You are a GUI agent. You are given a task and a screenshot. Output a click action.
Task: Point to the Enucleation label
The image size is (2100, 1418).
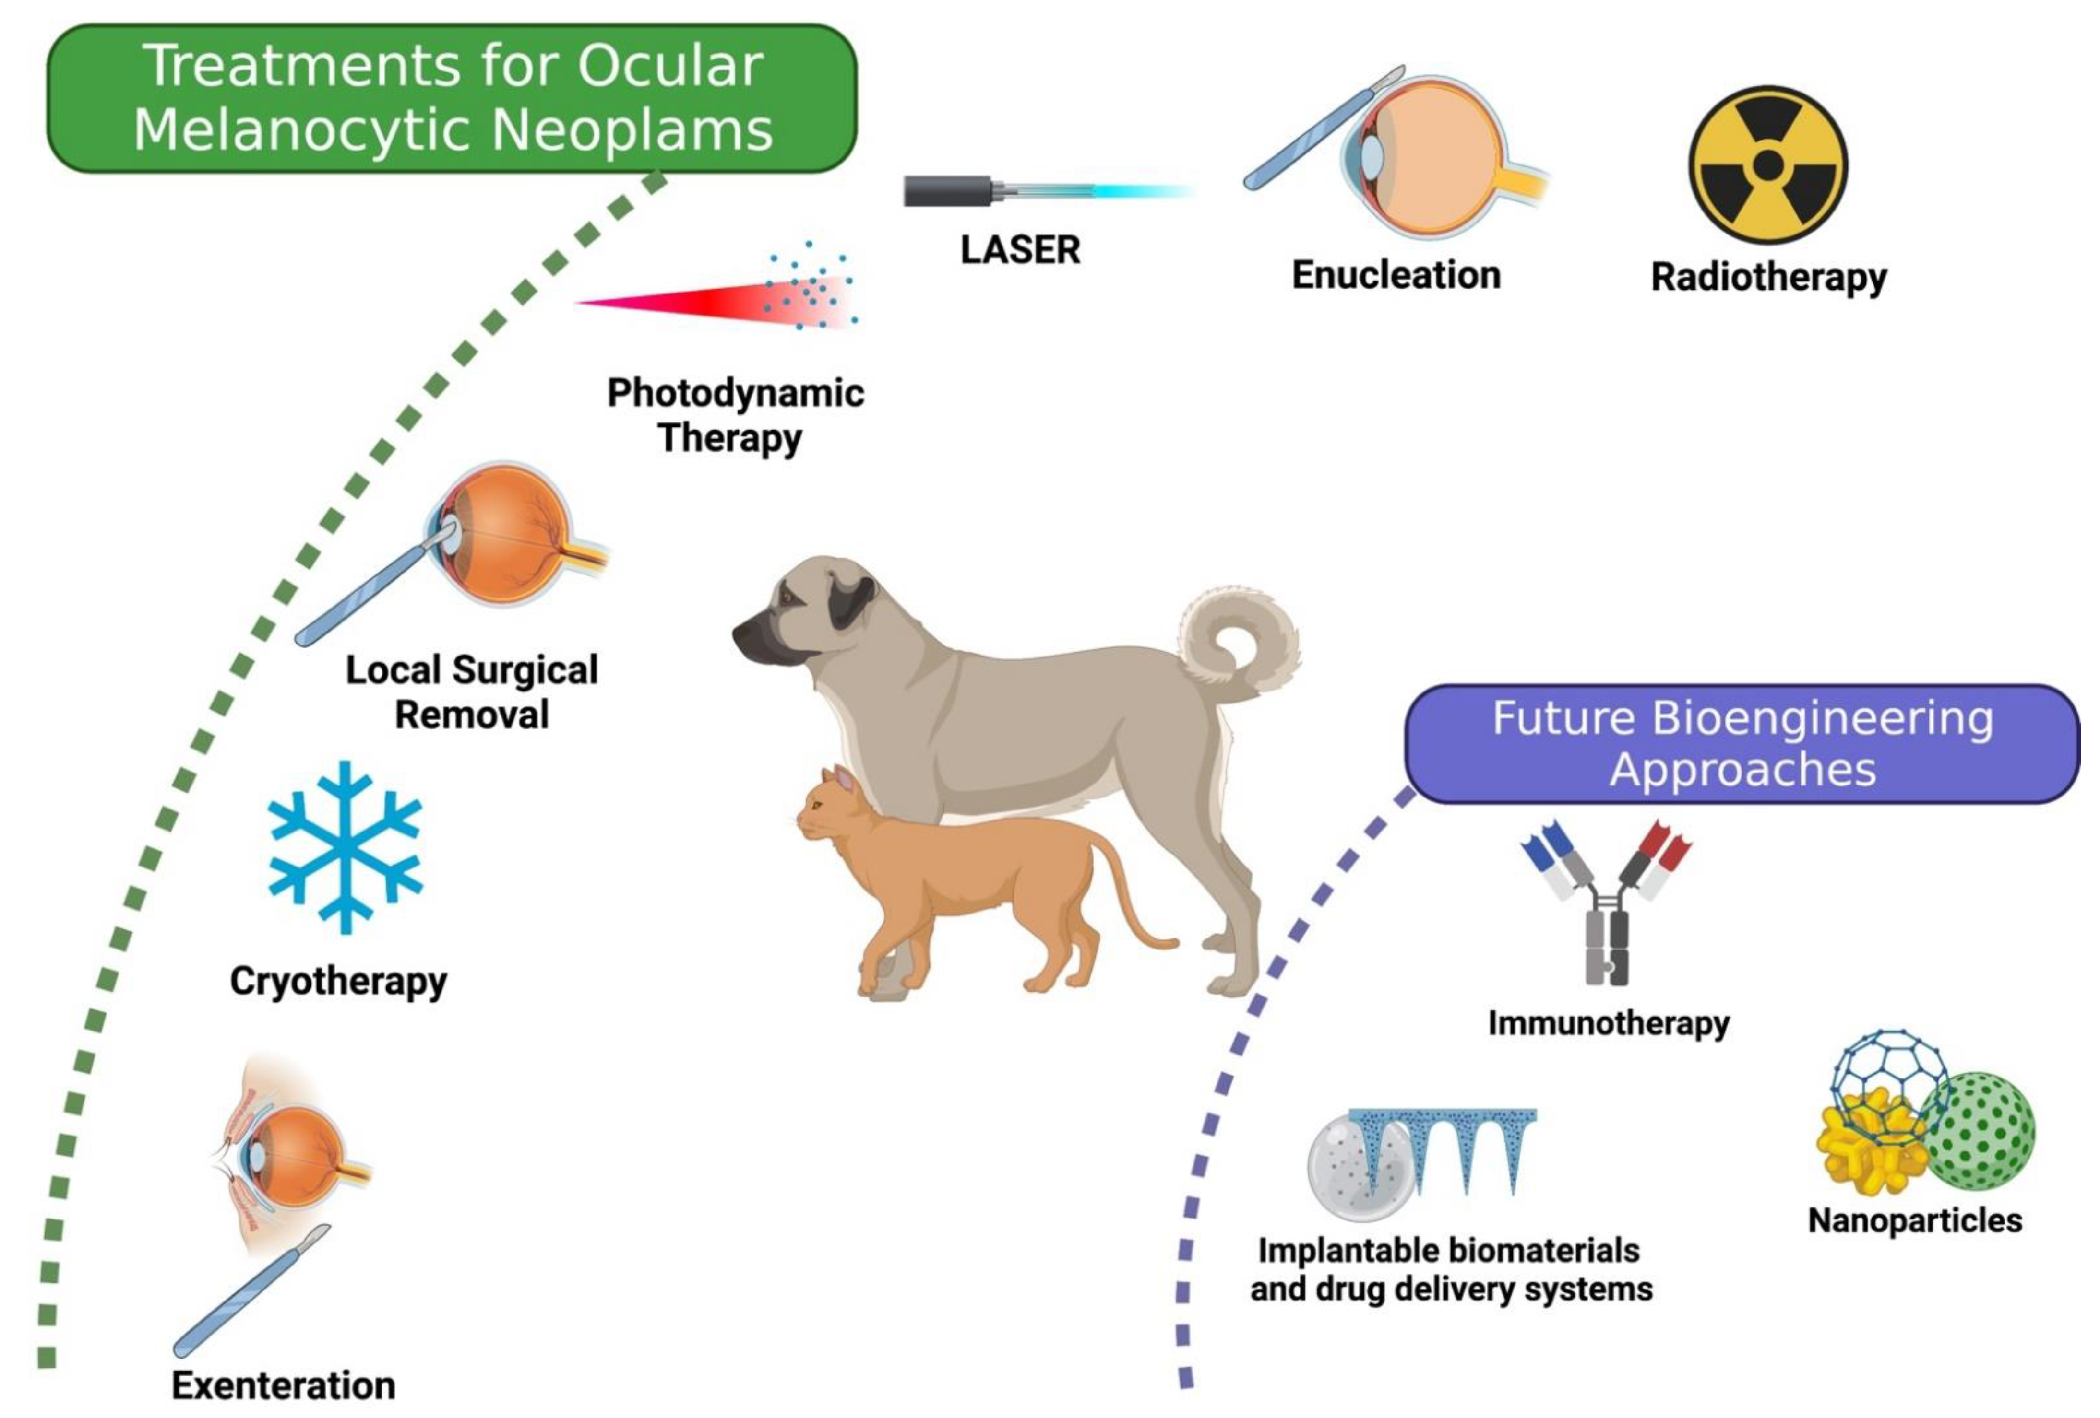[1396, 275]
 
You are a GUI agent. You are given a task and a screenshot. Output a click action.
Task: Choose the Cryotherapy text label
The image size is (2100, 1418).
[338, 981]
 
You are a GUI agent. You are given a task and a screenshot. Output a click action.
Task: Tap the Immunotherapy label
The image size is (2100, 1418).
[1609, 1023]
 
